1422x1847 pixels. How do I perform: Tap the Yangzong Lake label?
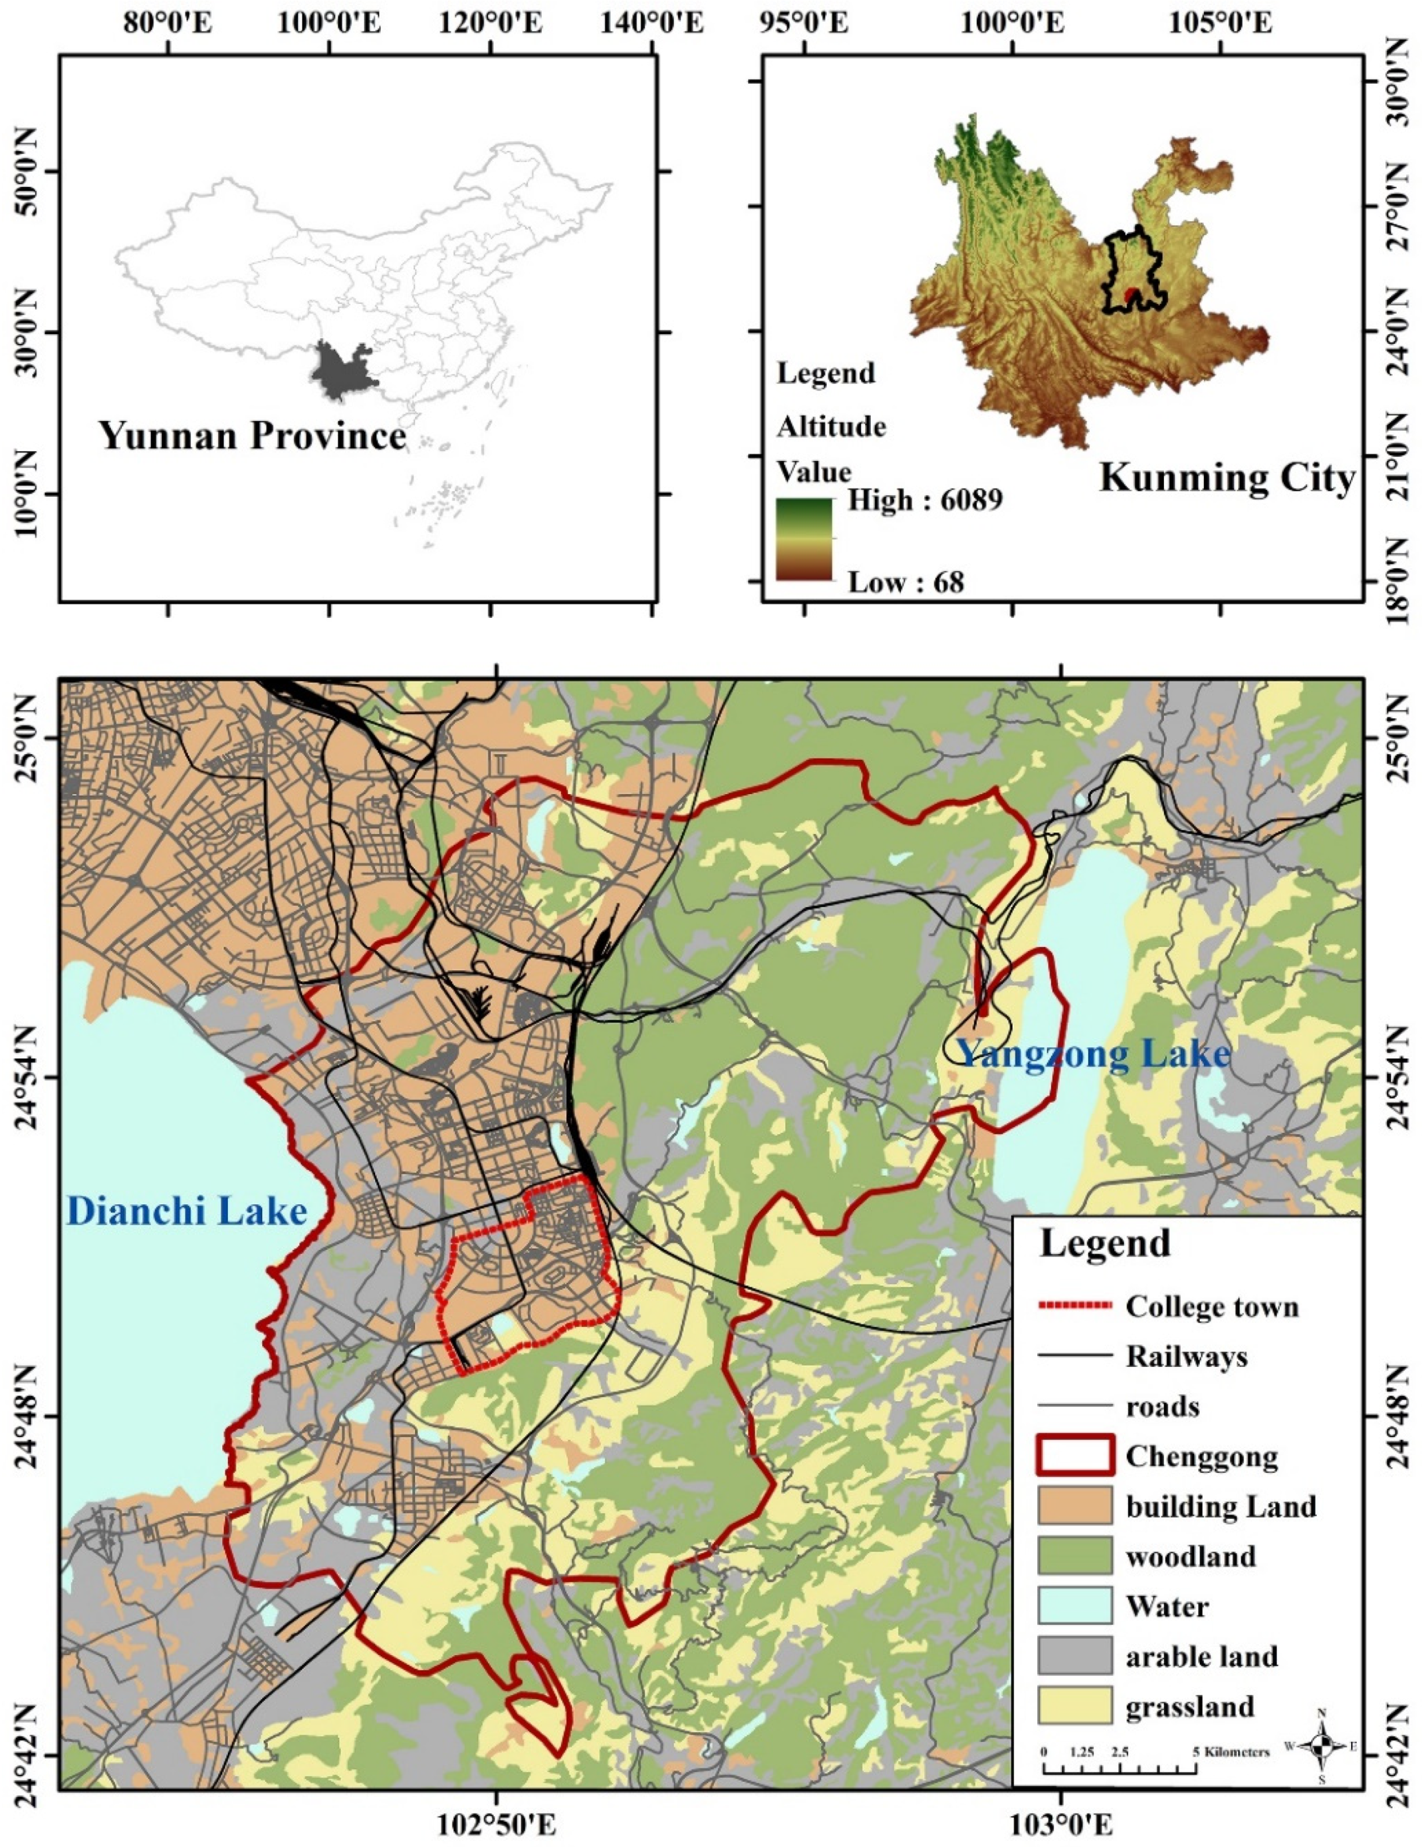(x=1092, y=1053)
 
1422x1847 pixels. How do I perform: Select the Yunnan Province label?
(x=253, y=436)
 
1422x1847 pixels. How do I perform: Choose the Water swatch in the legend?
(x=1074, y=1606)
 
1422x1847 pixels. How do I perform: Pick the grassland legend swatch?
(x=1074, y=1706)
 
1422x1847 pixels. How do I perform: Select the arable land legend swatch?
(x=1074, y=1656)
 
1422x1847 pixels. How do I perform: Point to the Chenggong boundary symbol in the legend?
(x=1074, y=1456)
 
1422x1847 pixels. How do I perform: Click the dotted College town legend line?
(x=1074, y=1307)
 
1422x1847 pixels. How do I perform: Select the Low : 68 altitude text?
(x=906, y=582)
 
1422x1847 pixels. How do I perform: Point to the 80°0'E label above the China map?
(x=169, y=24)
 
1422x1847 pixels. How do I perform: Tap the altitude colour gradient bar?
(x=804, y=539)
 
